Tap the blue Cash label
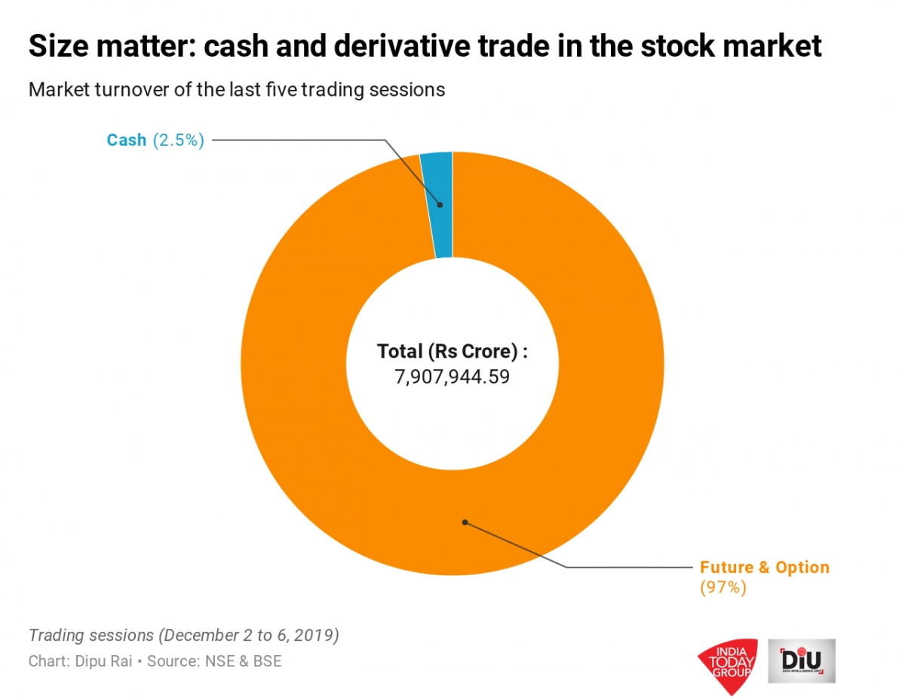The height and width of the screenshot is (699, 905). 127,140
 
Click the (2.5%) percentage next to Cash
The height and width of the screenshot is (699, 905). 178,140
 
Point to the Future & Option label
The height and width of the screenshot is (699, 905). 764,567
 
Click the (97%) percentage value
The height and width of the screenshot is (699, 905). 722,587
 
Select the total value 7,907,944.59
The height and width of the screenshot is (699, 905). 452,376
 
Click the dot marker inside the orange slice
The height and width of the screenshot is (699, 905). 465,522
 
